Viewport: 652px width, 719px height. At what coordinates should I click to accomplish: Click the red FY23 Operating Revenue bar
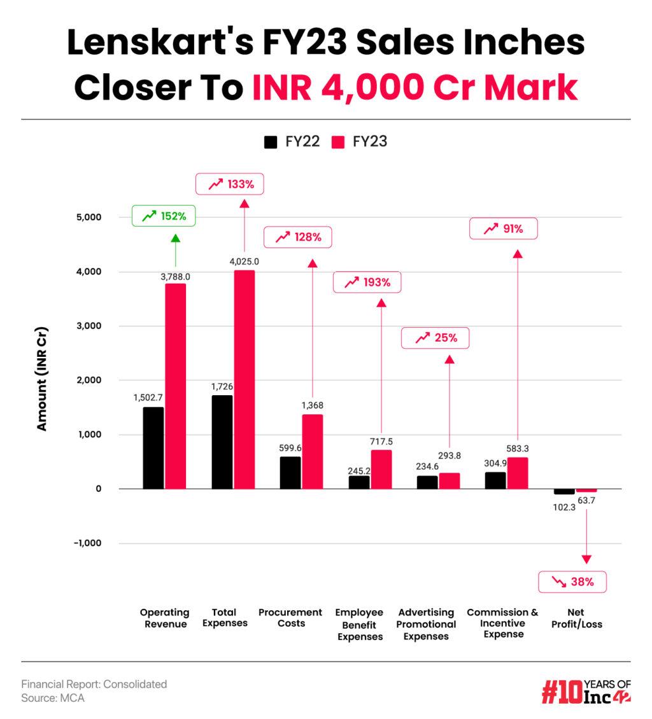coord(176,386)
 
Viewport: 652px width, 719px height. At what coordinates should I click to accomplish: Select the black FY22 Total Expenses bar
coord(222,442)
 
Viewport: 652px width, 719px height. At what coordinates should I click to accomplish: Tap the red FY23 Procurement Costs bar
coord(313,452)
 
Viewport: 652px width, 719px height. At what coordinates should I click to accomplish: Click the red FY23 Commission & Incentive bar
coord(518,473)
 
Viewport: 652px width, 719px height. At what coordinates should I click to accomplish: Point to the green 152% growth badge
coord(164,216)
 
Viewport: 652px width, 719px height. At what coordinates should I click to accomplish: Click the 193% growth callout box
coord(367,282)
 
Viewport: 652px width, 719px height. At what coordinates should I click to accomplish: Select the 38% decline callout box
coord(572,582)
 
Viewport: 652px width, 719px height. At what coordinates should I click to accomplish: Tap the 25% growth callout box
coord(436,338)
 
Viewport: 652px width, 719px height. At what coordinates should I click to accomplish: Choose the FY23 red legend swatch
coord(339,142)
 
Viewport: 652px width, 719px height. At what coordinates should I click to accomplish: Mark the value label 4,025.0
coord(244,261)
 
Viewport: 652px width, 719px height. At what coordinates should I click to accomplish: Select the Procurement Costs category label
coord(290,618)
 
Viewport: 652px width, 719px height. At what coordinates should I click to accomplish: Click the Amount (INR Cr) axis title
coord(42,380)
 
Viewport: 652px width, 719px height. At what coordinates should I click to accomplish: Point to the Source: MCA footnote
coord(53,698)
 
